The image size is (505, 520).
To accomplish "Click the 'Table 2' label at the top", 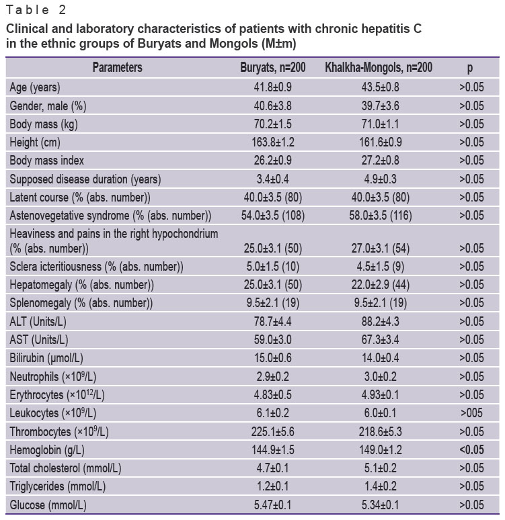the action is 36,10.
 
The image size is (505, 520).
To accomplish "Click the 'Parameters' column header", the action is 117,68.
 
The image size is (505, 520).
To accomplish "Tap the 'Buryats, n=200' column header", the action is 272,68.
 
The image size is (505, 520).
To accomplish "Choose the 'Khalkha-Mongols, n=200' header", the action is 379,68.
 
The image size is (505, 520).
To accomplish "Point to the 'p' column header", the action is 470,69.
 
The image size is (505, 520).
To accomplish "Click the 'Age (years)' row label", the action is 35,87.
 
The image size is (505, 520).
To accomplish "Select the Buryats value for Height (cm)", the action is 272,142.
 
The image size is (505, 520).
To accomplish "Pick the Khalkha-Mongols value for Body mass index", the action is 380,161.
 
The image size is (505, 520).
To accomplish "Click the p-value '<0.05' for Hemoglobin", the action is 471,450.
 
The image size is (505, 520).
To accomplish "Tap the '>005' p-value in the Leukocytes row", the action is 471,413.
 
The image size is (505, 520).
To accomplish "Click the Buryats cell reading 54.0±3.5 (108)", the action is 272,216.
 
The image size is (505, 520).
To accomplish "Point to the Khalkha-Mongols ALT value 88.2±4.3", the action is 380,322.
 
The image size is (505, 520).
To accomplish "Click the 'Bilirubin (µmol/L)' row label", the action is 46,358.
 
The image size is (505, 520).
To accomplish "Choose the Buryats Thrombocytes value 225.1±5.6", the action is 272,432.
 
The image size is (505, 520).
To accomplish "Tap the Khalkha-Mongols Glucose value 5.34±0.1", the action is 380,505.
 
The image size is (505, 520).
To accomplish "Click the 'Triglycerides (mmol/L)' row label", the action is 57,487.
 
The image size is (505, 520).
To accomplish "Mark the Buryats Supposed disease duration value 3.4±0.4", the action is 272,179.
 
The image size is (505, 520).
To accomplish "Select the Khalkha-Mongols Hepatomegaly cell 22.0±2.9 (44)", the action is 380,285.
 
